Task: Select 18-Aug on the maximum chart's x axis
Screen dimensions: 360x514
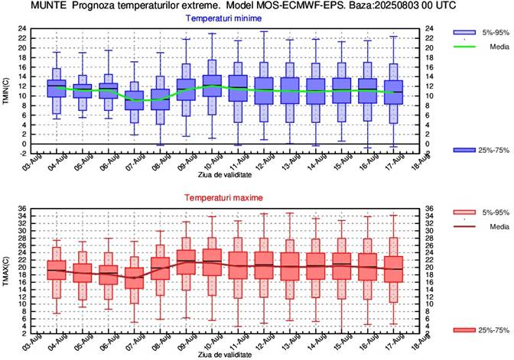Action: pos(414,341)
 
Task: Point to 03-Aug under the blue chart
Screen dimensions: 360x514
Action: pos(28,161)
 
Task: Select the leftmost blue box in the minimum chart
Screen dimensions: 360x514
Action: pos(56,88)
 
